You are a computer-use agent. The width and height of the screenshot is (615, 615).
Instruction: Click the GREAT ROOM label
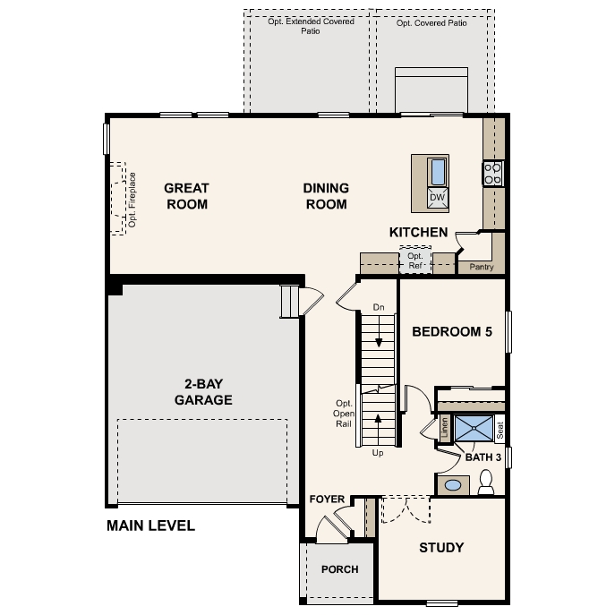[186, 196]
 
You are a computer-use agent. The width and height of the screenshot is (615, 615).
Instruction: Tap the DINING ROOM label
[325, 196]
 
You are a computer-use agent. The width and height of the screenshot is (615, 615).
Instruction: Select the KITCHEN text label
[418, 233]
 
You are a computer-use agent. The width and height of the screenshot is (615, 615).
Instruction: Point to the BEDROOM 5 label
[452, 332]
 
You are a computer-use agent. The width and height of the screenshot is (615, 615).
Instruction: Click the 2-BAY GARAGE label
[203, 392]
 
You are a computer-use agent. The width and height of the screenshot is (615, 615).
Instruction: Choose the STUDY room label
[441, 548]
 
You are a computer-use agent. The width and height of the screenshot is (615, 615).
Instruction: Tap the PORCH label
[339, 569]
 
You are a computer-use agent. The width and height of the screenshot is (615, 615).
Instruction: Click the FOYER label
[327, 500]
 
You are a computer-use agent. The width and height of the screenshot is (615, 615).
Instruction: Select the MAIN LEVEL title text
[150, 526]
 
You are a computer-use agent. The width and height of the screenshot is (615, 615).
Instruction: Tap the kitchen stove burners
[493, 173]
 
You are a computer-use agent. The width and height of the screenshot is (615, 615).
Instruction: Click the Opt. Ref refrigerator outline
[415, 260]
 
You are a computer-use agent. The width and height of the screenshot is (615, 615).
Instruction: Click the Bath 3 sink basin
[454, 485]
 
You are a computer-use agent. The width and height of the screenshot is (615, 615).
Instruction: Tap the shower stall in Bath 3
[474, 429]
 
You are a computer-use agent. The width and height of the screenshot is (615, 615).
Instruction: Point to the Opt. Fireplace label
[131, 199]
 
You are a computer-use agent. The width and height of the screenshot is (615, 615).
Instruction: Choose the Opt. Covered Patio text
[431, 23]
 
